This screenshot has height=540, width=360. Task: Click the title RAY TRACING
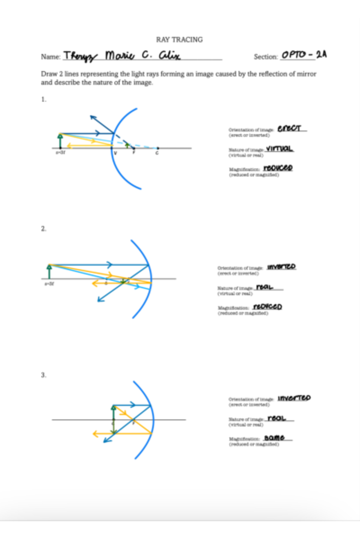pos(179,40)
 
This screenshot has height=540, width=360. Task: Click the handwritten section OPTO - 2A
pos(304,55)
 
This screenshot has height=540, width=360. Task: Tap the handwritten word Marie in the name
pos(119,55)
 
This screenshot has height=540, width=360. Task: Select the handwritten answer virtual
pos(279,148)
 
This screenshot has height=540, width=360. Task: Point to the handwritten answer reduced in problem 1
pos(278,168)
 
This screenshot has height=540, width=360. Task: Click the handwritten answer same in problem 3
pos(274,438)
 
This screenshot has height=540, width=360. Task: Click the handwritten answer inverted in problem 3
pos(294,398)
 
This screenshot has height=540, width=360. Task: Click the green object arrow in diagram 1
pos(60,141)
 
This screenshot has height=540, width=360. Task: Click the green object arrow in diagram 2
pos(49,271)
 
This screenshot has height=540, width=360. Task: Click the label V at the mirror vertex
pos(115,153)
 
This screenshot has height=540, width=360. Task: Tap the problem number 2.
pos(43,229)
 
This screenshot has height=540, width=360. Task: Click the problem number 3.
pos(43,375)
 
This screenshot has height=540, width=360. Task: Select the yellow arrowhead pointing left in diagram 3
pos(95,433)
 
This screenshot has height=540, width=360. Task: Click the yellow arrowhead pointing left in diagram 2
pos(94,283)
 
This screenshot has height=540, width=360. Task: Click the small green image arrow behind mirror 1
pos(127,145)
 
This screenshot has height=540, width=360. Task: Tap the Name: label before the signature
pos(50,57)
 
